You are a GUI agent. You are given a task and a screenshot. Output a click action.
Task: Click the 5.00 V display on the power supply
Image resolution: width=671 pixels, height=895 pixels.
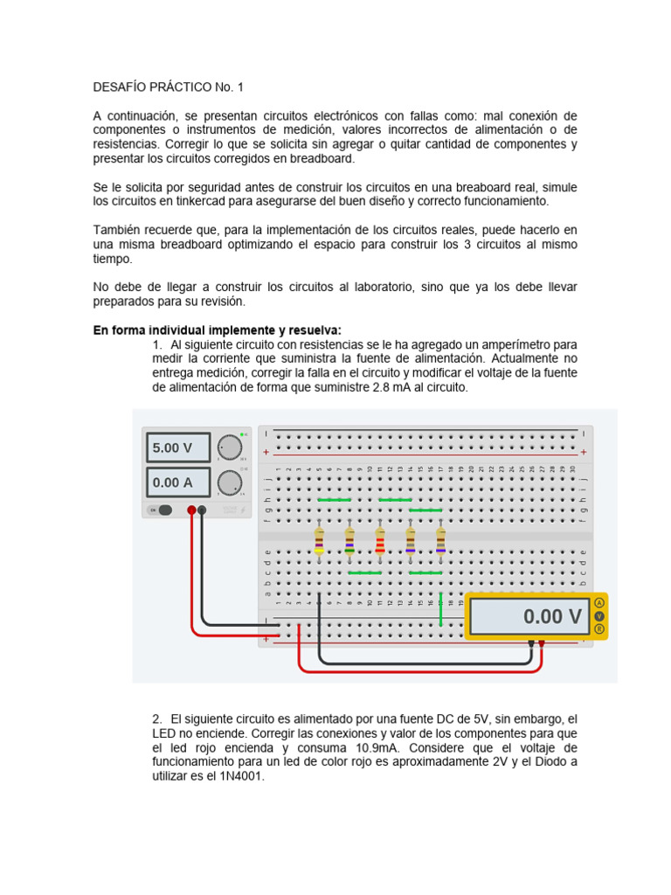point(177,447)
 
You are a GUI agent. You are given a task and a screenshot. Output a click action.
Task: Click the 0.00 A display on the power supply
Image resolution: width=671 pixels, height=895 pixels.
point(177,482)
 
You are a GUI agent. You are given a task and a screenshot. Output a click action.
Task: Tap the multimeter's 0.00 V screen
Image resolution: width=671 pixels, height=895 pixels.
point(528,616)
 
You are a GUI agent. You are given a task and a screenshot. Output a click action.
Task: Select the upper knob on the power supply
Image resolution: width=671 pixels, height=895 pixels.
point(230,447)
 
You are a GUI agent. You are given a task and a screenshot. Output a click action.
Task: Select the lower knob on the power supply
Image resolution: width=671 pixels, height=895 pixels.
point(230,482)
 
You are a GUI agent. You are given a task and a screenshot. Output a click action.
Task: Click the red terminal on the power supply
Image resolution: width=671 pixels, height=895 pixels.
point(191,510)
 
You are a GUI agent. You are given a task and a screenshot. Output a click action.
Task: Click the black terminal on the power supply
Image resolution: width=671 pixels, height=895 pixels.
point(203,510)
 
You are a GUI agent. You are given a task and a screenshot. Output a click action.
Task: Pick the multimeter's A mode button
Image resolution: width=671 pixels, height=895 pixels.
point(599,603)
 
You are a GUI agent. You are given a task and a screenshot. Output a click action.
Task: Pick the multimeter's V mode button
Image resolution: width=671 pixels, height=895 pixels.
point(599,615)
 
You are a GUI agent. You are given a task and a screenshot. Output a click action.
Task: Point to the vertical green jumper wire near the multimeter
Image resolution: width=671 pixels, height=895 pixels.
point(441,610)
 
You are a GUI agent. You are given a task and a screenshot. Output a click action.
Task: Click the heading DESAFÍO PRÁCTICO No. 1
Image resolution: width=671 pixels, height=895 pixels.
point(169,87)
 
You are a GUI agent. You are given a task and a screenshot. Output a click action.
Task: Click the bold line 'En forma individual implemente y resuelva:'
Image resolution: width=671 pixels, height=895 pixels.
point(217,330)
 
